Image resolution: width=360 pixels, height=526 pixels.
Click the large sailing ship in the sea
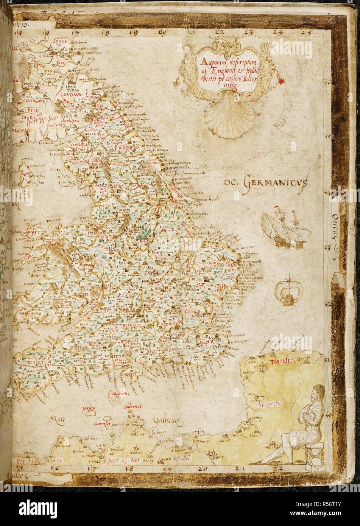tap(279, 229)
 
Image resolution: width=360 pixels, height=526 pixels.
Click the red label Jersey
tap(90, 409)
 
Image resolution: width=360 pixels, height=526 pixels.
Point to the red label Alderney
tap(132, 407)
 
